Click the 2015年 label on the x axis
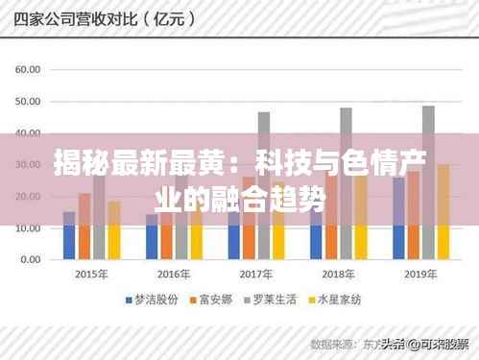pos(91,274)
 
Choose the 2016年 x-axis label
pos(175,274)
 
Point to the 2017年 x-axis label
pos(256,274)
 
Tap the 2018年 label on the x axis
pos(339,274)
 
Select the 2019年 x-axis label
pos(421,274)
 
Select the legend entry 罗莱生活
pos(279,300)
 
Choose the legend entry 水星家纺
pos(343,300)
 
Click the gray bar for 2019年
pos(428,182)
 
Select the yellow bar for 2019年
pos(443,212)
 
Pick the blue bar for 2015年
pos(69,236)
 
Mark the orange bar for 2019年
pos(414,216)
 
